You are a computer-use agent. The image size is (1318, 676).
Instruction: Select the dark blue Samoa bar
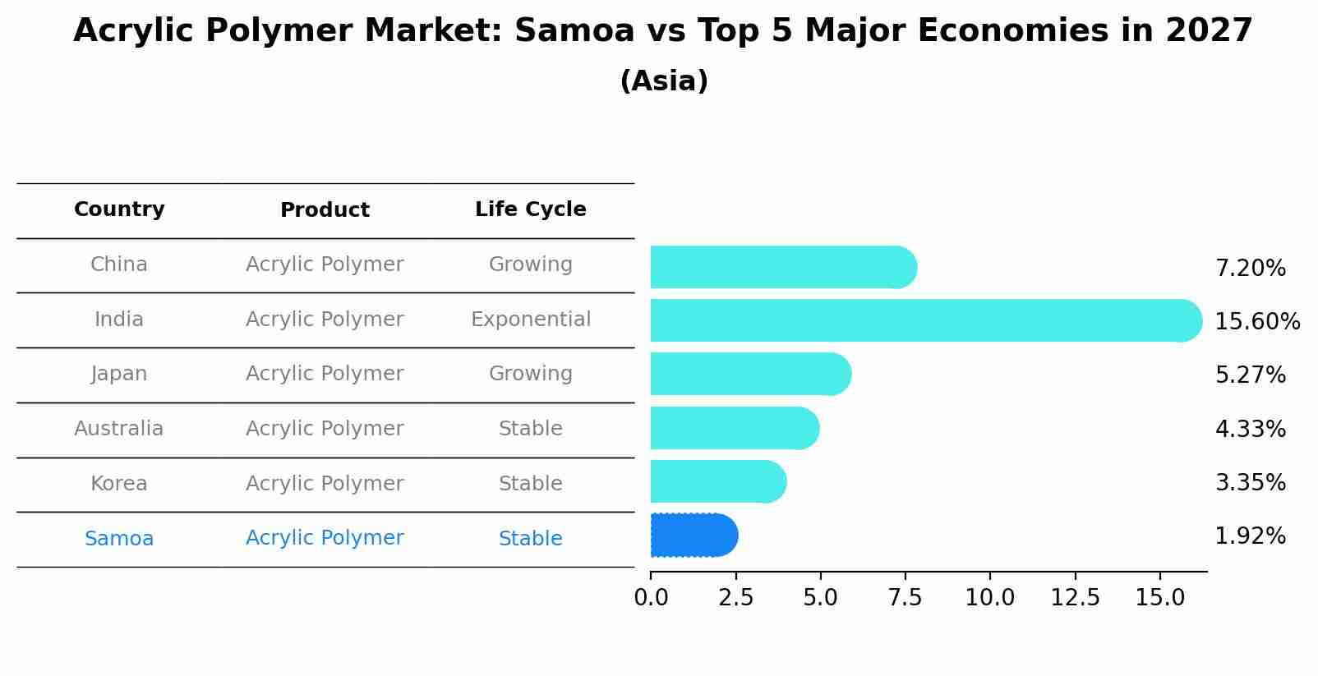pyautogui.click(x=693, y=536)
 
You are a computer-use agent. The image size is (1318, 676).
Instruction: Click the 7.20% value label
pyautogui.click(x=1250, y=269)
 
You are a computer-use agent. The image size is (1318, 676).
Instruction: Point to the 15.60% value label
pyautogui.click(x=1256, y=322)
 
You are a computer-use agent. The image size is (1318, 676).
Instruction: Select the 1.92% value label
pyautogui.click(x=1250, y=536)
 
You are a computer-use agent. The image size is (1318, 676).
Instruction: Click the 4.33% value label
pyautogui.click(x=1250, y=429)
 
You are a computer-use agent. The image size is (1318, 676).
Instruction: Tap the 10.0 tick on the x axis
pyautogui.click(x=989, y=598)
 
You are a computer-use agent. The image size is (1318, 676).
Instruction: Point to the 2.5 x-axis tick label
pyautogui.click(x=735, y=598)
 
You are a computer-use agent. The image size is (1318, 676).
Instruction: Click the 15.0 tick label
pyautogui.click(x=1159, y=598)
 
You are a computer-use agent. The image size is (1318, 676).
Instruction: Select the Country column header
pyautogui.click(x=119, y=209)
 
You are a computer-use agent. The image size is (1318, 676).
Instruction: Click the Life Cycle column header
pyautogui.click(x=530, y=209)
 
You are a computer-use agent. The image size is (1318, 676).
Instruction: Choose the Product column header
pyautogui.click(x=325, y=210)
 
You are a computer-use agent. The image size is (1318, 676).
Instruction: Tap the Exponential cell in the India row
pyautogui.click(x=530, y=320)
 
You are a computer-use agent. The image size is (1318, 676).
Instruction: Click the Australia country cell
pyautogui.click(x=119, y=429)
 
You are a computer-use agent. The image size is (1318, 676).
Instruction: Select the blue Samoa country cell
pyautogui.click(x=119, y=539)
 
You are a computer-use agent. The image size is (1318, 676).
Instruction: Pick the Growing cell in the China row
pyautogui.click(x=530, y=264)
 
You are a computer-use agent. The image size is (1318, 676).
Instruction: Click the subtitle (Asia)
pyautogui.click(x=663, y=81)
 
